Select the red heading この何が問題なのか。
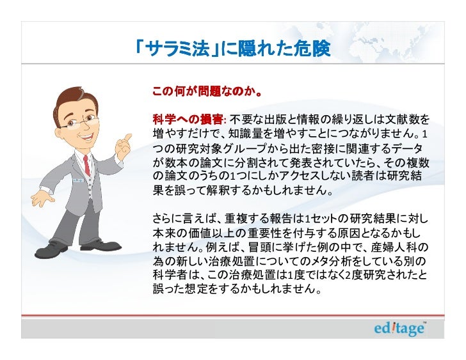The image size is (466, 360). (205, 91)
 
